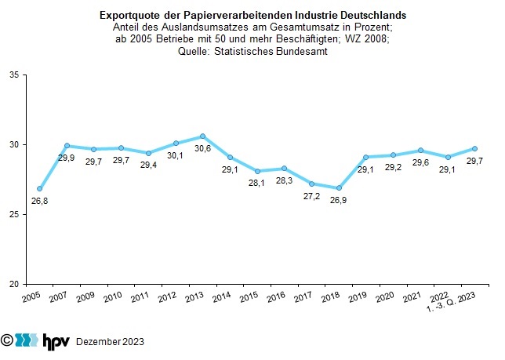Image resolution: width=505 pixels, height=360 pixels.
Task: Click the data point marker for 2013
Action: pyautogui.click(x=202, y=136)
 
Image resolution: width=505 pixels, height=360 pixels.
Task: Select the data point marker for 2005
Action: pyautogui.click(x=40, y=189)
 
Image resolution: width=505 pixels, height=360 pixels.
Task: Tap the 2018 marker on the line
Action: pyautogui.click(x=339, y=188)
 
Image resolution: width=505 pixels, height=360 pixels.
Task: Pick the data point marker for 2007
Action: pyautogui.click(x=67, y=145)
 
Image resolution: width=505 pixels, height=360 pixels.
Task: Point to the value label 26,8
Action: pyautogui.click(x=38, y=202)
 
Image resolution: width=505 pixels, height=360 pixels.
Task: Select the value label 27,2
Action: pyautogui.click(x=311, y=197)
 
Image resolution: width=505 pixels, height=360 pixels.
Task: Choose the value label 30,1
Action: pyautogui.click(x=176, y=155)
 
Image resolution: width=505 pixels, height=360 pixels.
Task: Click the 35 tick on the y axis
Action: pyautogui.click(x=18, y=75)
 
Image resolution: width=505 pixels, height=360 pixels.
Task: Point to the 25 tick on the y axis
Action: pyautogui.click(x=18, y=214)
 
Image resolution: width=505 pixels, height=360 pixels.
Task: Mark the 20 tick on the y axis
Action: pyautogui.click(x=18, y=284)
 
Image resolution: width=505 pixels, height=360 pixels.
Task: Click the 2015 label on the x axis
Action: pyautogui.click(x=249, y=299)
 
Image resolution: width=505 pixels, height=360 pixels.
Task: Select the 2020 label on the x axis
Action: pyautogui.click(x=384, y=299)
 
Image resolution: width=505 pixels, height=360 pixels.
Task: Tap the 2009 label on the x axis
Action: pyautogui.click(x=87, y=299)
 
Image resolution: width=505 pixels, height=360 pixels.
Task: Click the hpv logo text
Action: pyautogui.click(x=56, y=340)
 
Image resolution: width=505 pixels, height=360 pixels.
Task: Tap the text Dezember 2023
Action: pyautogui.click(x=109, y=342)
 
